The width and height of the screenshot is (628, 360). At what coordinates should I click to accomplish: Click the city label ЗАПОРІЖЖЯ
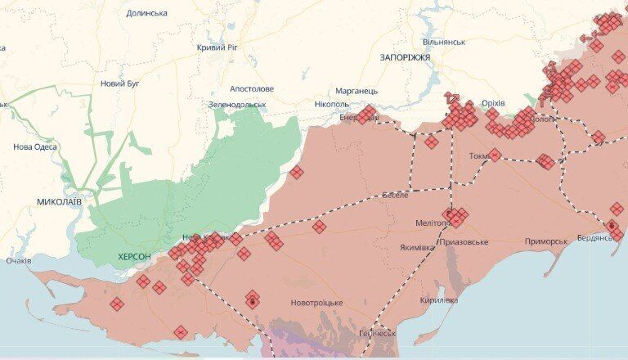point(405,57)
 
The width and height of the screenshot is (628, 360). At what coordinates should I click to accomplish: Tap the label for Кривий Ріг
point(217,48)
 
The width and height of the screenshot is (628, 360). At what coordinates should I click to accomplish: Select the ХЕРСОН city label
point(134,257)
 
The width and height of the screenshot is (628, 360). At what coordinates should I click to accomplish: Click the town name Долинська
point(147,13)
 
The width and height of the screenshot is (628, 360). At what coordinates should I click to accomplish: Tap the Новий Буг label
point(119,83)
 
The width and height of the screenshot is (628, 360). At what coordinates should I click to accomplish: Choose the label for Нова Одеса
point(35,147)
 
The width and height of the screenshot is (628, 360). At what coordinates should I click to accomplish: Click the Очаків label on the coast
point(18,261)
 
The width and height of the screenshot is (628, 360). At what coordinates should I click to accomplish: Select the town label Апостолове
point(252,88)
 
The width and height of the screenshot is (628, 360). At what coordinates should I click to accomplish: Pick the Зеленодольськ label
point(237,105)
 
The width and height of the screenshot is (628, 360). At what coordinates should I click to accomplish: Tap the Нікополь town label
point(332,105)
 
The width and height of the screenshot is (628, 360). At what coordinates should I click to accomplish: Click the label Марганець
point(357,90)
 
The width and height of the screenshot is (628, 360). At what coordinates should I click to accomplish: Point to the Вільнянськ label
point(444,42)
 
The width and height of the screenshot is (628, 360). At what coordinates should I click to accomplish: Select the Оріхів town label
point(494,103)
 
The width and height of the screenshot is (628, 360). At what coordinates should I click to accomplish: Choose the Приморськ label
point(546,241)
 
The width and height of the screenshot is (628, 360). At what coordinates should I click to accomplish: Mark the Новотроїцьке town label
point(316,304)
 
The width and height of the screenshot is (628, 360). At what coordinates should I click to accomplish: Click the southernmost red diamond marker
point(180,332)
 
